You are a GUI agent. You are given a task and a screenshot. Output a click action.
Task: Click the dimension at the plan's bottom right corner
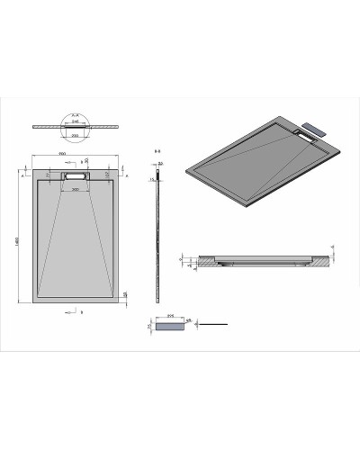124,292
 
